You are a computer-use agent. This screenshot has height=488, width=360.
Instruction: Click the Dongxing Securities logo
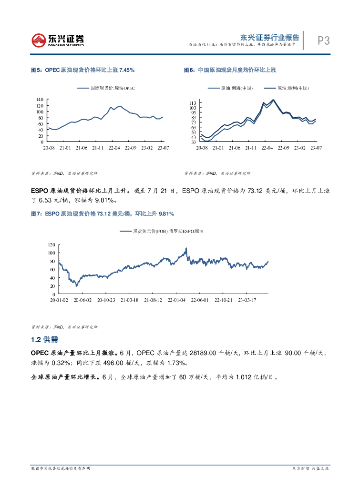coord(57,40)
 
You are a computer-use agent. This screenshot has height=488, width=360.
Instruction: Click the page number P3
coord(324,41)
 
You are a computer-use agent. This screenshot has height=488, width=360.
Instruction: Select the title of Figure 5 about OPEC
coord(82,70)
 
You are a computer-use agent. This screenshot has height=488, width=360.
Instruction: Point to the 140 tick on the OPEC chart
coord(40,99)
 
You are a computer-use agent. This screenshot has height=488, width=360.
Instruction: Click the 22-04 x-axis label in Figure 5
coord(113,148)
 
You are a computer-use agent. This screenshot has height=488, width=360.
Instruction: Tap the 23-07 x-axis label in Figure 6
coord(316,148)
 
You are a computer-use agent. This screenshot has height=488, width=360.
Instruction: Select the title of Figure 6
coord(230,70)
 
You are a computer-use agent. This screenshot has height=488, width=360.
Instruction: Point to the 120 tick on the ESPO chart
coord(52,244)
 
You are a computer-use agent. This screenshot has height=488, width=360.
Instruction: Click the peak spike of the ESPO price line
coord(186,248)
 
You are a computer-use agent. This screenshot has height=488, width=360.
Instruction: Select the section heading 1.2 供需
coord(44,339)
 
